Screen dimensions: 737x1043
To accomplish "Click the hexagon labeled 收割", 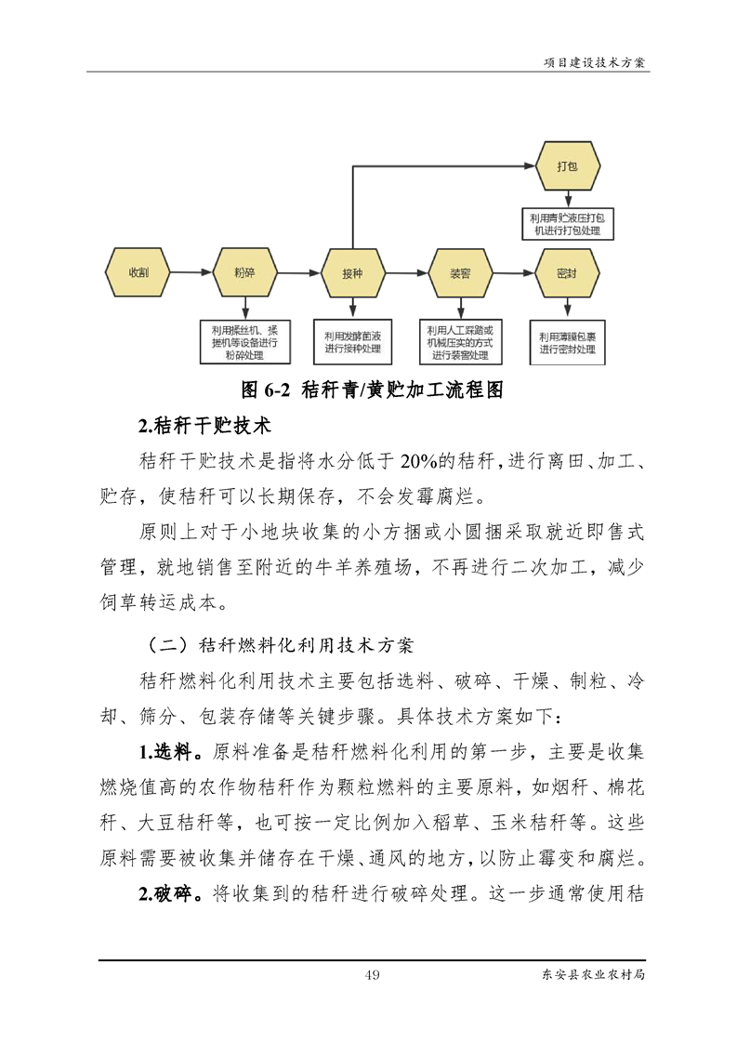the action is coord(138,272).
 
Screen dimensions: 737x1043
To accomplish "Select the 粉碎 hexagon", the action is coord(244,272).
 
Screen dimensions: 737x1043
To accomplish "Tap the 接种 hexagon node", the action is coord(352,273).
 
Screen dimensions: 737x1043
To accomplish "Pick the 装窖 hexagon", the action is coord(460,273).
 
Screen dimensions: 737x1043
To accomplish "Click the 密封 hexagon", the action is coord(567,273).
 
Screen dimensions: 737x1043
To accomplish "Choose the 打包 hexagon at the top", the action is coord(567,166).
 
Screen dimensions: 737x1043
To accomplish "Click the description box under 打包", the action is coord(567,223).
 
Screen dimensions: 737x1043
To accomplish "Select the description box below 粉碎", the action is coord(245,342).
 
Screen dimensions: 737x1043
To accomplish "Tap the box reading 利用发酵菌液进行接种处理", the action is coord(352,342).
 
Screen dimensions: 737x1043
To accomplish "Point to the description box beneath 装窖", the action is coord(460,342).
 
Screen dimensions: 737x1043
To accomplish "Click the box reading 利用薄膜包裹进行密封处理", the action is coord(567,343).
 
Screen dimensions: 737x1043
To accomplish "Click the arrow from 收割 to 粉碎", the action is coord(191,272).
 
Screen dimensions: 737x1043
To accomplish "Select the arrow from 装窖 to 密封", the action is coord(514,272).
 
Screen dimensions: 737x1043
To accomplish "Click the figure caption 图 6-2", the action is coord(266,389).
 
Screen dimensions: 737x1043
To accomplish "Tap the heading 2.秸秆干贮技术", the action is coord(204,426).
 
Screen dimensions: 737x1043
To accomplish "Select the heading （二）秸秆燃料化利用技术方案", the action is coord(279,644).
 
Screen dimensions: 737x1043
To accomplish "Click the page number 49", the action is coord(373,974).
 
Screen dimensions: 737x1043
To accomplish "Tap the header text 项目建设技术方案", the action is coord(594,63).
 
